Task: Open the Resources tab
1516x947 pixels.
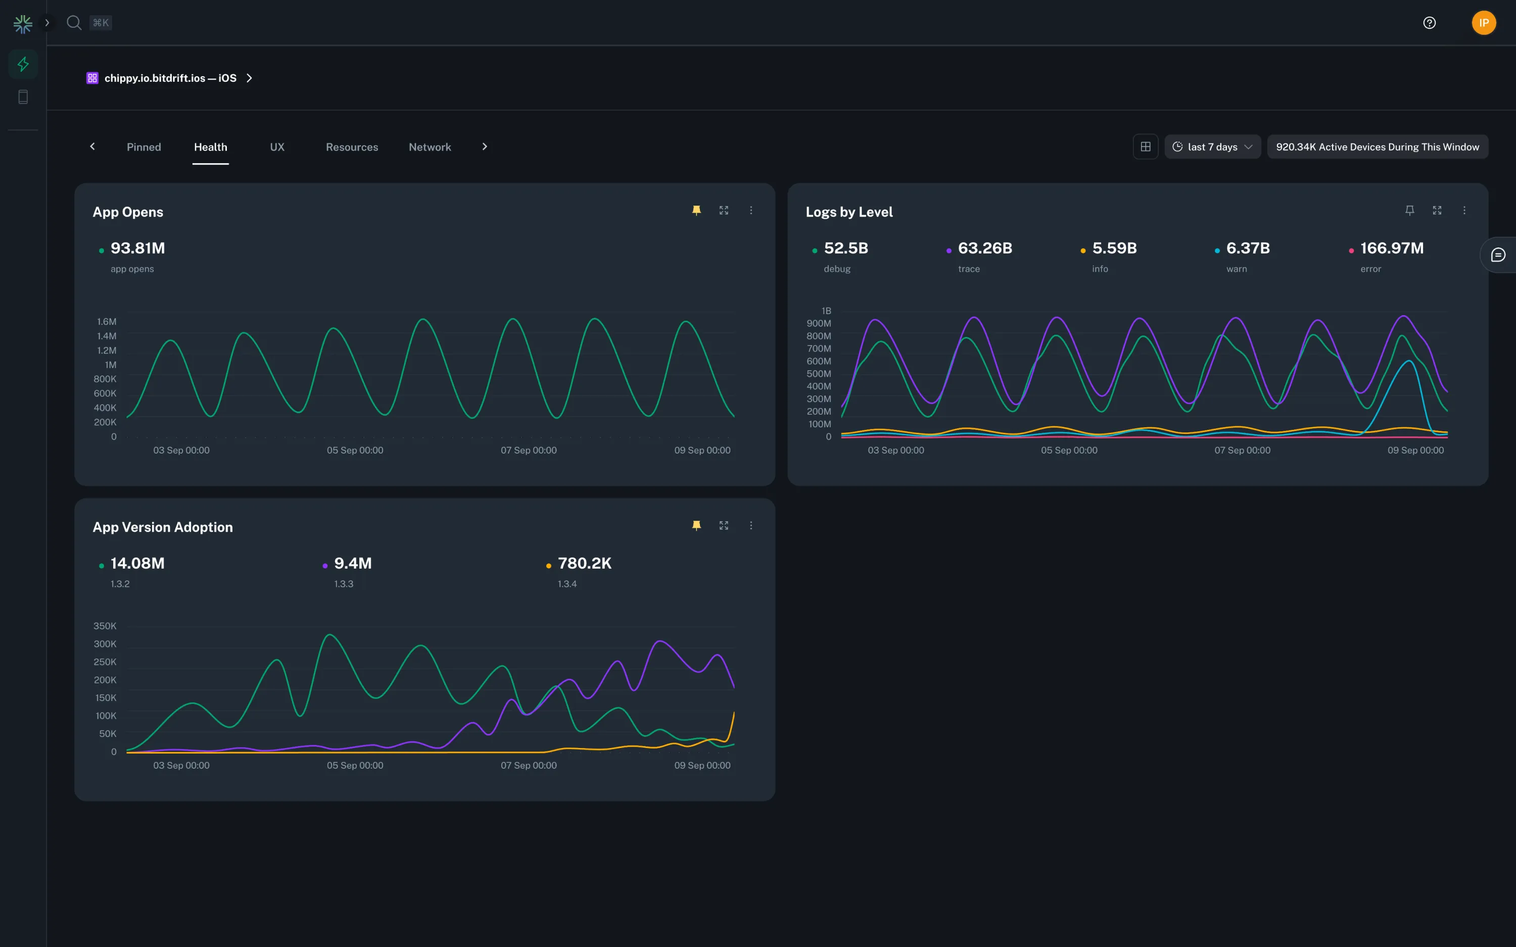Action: (351, 146)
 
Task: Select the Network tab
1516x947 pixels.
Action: (430, 146)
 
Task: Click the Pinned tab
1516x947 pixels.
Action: (144, 146)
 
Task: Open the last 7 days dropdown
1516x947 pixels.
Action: (1212, 146)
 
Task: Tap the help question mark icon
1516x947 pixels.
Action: (1429, 23)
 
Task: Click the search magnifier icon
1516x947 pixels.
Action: (74, 23)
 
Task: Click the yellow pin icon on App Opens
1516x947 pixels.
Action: (696, 211)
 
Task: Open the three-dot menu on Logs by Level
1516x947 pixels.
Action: (1464, 211)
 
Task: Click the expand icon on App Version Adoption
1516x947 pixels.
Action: (724, 525)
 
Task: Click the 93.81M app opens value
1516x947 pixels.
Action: (137, 248)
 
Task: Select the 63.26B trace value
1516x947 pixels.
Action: (985, 248)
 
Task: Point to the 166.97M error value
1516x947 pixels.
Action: (1391, 248)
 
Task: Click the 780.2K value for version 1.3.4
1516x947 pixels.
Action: (584, 563)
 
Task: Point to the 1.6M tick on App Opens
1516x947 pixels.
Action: (107, 321)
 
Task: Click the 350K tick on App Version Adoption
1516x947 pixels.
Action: (105, 626)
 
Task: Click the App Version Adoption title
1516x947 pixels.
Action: (162, 527)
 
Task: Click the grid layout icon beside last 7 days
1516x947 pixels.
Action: (1145, 146)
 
